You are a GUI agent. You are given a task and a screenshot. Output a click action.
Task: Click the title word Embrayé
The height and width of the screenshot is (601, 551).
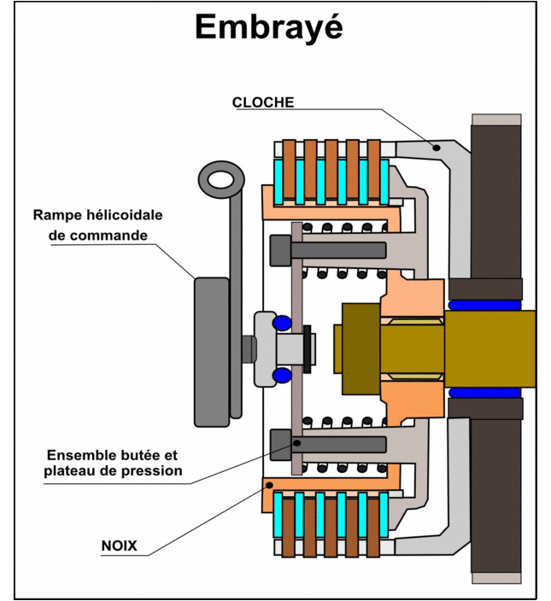(x=269, y=26)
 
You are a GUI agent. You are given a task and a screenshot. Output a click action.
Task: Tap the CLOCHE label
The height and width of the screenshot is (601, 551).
(x=263, y=102)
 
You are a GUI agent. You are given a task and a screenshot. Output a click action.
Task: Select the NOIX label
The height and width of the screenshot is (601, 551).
(x=119, y=546)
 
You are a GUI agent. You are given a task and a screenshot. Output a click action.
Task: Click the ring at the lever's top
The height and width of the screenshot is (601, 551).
(x=221, y=179)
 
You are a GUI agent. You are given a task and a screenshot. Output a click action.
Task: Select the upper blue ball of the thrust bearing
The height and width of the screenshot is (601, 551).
(x=282, y=323)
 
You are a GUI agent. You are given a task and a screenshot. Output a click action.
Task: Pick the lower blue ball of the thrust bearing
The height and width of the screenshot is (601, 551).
(x=282, y=375)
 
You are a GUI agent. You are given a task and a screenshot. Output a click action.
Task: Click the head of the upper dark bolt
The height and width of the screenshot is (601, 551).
(x=281, y=250)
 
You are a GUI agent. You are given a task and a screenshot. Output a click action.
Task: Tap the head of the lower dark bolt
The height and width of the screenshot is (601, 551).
(x=281, y=445)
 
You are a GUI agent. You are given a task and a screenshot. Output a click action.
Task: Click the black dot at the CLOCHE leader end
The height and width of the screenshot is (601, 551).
(x=436, y=148)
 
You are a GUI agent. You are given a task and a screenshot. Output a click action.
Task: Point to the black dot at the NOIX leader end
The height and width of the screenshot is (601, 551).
(x=269, y=485)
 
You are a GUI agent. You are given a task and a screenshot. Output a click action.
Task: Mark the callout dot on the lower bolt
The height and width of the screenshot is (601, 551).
(x=296, y=443)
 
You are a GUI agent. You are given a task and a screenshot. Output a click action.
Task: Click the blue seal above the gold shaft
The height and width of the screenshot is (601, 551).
(x=484, y=305)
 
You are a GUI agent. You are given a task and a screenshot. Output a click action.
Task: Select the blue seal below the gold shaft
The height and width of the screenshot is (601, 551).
(x=484, y=393)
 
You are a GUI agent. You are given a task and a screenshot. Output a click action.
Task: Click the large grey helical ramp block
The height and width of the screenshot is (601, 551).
(x=212, y=352)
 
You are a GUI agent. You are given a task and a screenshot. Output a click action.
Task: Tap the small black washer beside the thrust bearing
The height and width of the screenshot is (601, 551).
(x=307, y=349)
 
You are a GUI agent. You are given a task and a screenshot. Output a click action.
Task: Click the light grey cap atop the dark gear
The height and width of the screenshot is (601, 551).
(x=496, y=120)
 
